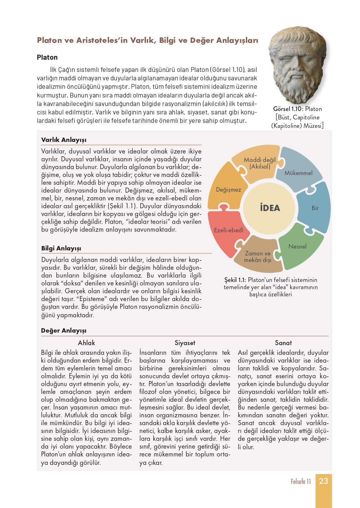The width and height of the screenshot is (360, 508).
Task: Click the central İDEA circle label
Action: [x=269, y=208]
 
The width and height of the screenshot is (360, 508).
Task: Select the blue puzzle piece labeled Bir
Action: [x=314, y=208]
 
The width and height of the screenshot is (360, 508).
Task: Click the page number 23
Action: [x=323, y=481]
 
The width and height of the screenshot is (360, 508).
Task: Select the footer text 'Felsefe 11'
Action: [x=301, y=482]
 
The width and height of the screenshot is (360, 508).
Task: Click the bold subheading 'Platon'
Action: [x=47, y=58]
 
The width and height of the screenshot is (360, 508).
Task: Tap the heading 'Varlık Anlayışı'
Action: [x=64, y=140]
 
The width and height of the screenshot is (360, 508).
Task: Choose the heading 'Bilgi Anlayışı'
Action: [x=61, y=249]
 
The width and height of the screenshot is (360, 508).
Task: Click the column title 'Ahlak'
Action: [x=86, y=343]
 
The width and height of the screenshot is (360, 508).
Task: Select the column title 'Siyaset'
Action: [x=185, y=343]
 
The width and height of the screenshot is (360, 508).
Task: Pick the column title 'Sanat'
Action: [x=283, y=343]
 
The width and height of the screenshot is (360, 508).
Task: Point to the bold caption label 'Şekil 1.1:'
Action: [x=235, y=280]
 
